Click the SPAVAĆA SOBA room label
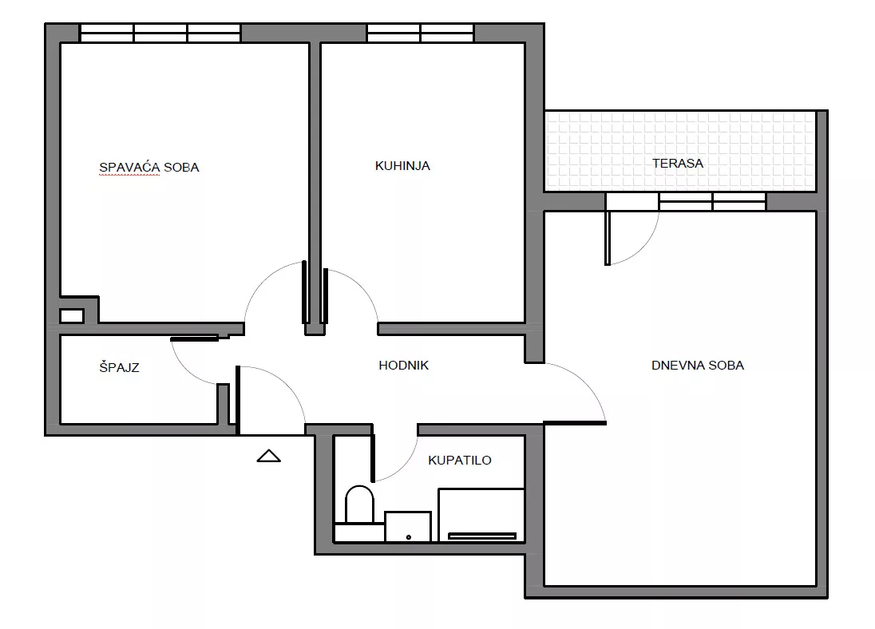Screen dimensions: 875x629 tap(149, 168)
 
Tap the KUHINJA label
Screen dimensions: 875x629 tap(402, 166)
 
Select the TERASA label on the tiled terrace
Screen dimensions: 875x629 tap(678, 164)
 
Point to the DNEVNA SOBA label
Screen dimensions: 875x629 tap(698, 366)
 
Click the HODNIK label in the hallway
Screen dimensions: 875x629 tap(403, 366)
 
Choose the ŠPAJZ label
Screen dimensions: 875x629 tap(119, 367)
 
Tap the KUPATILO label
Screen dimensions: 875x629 tap(460, 461)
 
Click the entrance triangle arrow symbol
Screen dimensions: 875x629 tap(268, 456)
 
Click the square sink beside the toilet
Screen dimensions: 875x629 tap(408, 526)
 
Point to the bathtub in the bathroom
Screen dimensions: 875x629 tap(481, 515)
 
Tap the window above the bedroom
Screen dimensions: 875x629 tap(160, 33)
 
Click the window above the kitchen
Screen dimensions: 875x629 tap(420, 33)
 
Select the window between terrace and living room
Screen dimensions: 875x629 tap(712, 201)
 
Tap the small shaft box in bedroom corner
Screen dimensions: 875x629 tap(71, 316)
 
